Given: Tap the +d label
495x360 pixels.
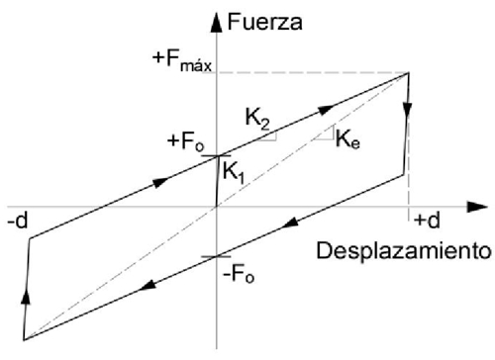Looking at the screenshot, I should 427,219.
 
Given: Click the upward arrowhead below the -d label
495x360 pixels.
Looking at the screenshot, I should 25,294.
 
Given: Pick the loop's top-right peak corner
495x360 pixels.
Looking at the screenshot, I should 410,73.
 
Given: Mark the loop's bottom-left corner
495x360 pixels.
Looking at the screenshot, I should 23,339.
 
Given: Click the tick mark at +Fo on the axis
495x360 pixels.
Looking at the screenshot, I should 215,155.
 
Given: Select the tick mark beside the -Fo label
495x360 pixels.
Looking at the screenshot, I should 215,257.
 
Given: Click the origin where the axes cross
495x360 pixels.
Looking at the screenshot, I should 215,207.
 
